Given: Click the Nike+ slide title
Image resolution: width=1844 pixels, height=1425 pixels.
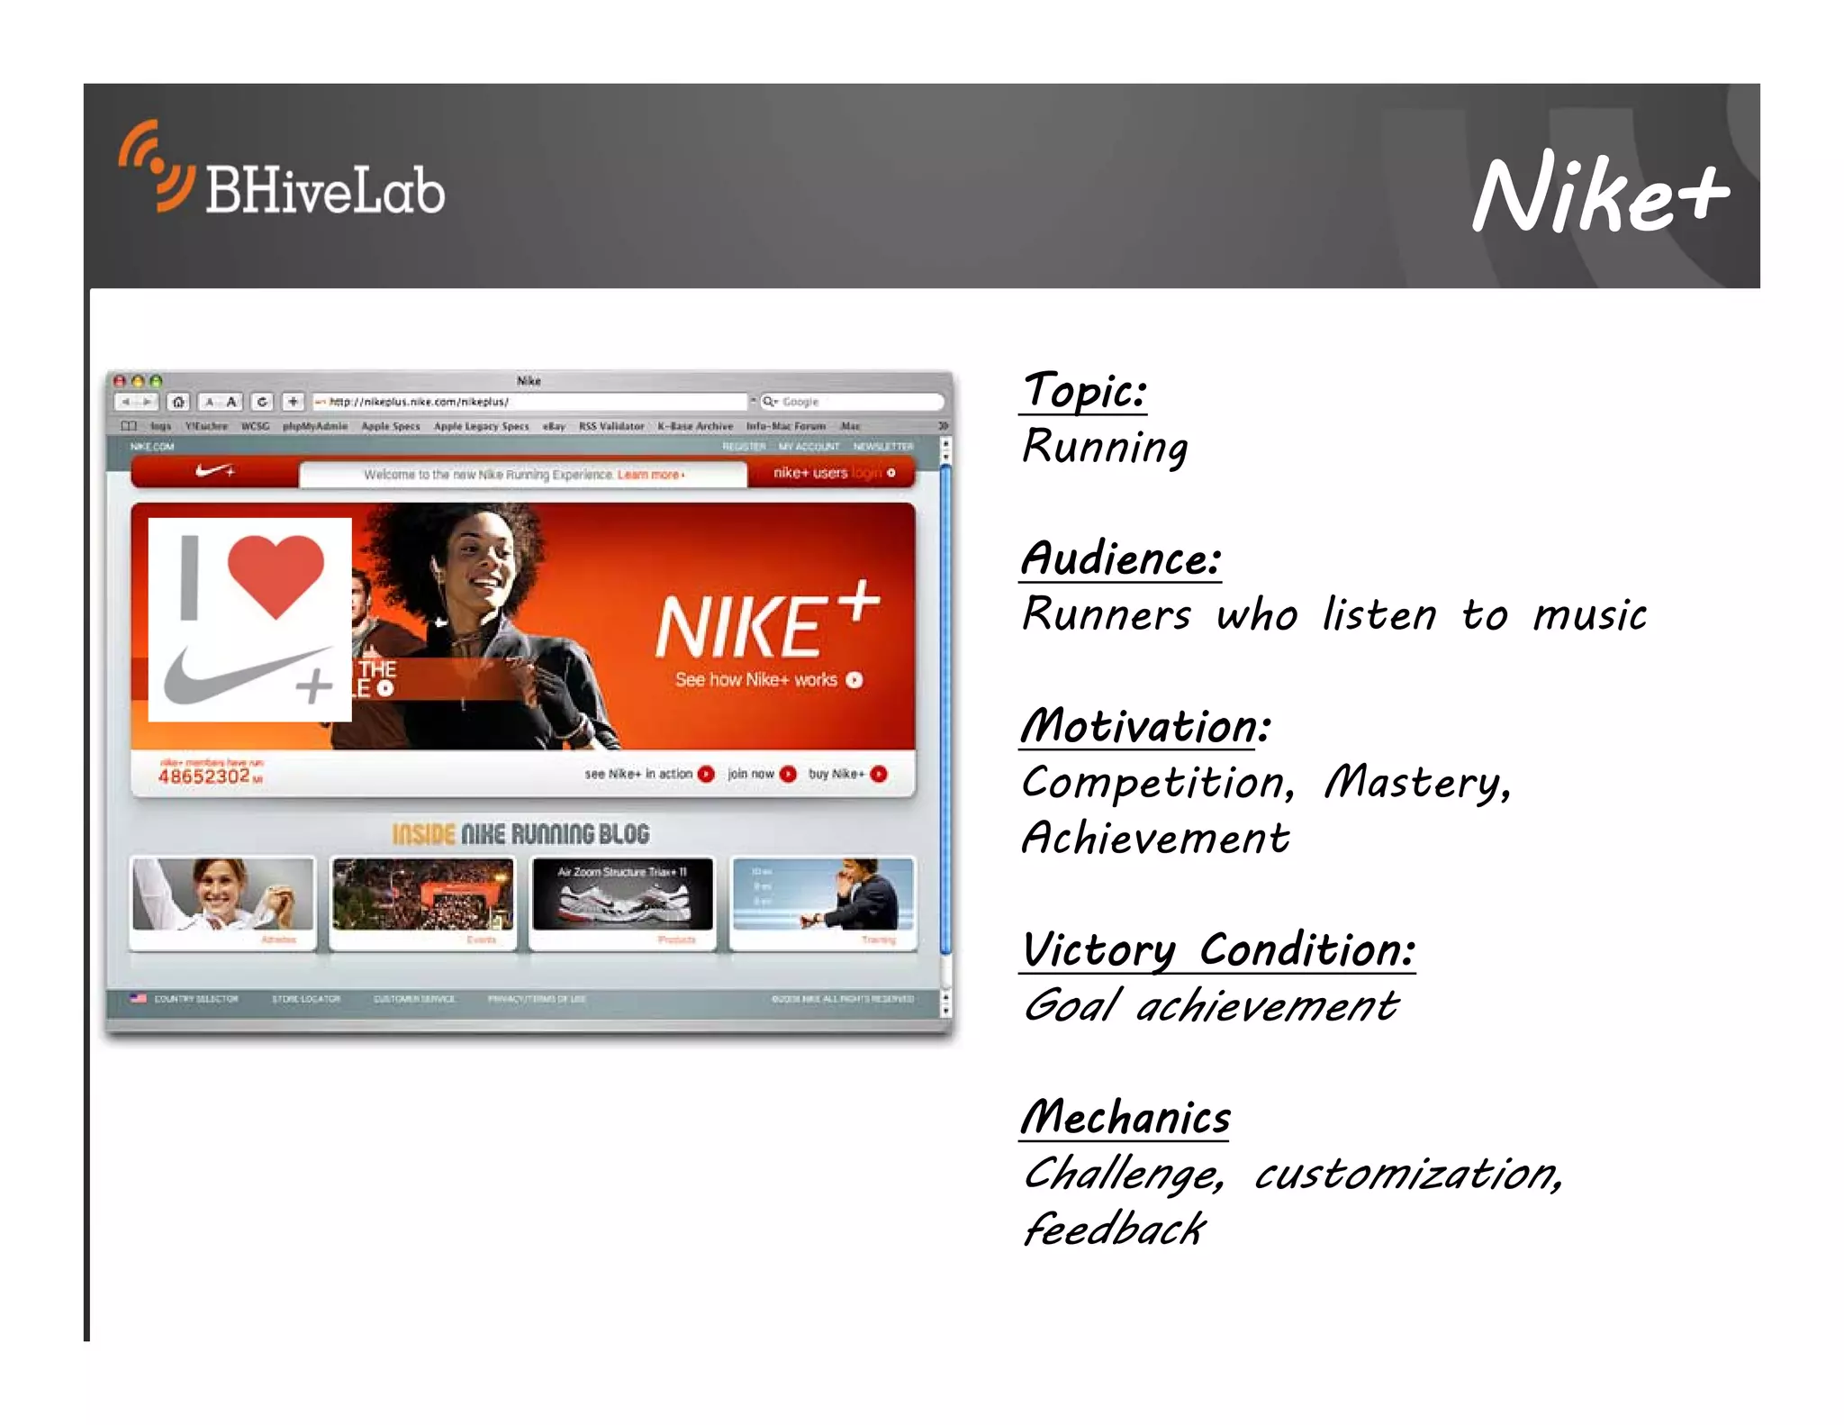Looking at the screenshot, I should click(1599, 193).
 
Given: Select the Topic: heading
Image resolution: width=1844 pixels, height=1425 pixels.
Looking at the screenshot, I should click(1084, 392).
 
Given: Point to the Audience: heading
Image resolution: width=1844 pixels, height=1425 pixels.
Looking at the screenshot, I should click(1121, 559).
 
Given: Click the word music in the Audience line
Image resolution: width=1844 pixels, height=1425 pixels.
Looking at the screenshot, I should click(1589, 616).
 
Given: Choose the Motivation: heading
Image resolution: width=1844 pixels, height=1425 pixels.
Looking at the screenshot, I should click(1144, 727).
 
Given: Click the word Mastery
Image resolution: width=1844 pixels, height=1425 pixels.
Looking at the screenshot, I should click(1416, 783).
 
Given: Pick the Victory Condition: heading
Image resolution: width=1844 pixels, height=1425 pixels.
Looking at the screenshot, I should click(1217, 951).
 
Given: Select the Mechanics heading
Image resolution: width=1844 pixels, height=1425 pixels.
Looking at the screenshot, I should click(1125, 1119).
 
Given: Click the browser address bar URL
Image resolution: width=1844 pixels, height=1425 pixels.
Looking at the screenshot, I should click(419, 402).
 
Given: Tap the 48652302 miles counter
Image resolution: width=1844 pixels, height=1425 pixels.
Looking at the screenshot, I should click(204, 776).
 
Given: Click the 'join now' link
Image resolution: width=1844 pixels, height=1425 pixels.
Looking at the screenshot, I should click(751, 774).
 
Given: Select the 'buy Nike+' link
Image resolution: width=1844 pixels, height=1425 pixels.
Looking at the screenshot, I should click(836, 774).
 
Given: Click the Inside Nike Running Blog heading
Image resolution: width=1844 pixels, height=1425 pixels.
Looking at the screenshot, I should click(520, 835).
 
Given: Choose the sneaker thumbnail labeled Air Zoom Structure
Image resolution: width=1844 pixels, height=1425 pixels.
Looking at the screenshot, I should click(622, 894).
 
